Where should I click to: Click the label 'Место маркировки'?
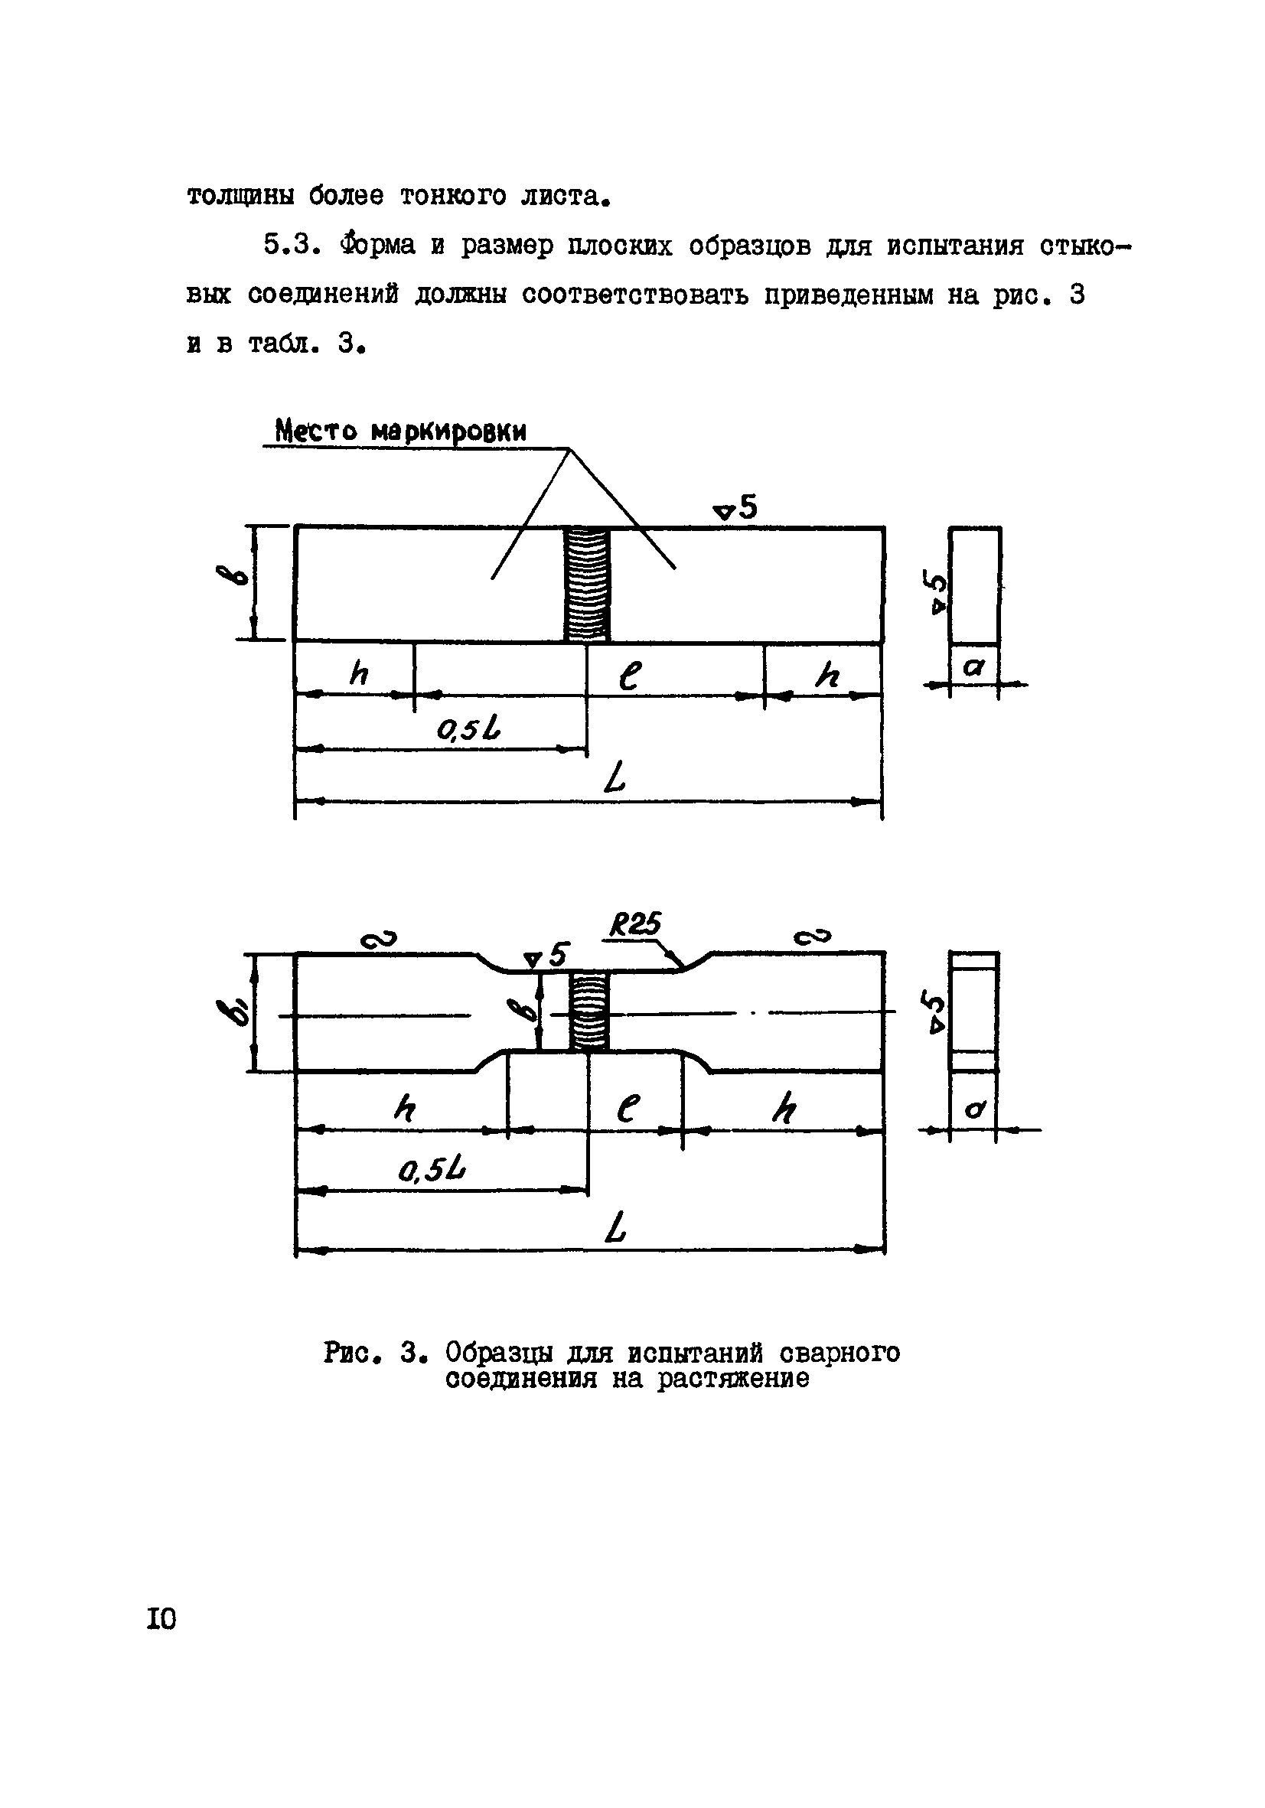tap(400, 432)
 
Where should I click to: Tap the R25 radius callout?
tap(635, 924)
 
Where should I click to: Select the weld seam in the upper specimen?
tap(587, 585)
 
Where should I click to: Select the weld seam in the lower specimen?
tap(589, 1011)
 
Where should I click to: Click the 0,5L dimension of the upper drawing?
tap(468, 731)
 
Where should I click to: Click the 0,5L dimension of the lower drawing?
tap(432, 1171)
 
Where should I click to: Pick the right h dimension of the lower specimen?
tap(784, 1110)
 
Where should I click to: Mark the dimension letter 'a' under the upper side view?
tap(974, 668)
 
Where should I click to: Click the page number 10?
tap(161, 1619)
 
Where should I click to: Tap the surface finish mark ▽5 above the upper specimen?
tap(735, 509)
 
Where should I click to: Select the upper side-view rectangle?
tap(975, 585)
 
